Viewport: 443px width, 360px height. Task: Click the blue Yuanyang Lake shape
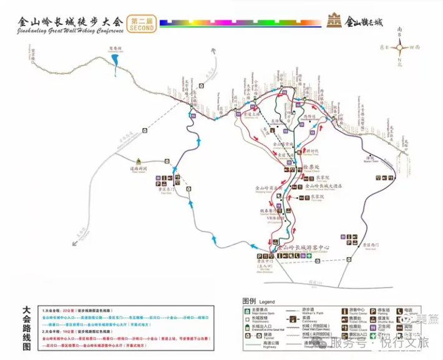pos(115,60)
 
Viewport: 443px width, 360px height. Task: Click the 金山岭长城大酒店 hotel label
pos(328,186)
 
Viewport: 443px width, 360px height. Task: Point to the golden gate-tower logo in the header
pos(334,21)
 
